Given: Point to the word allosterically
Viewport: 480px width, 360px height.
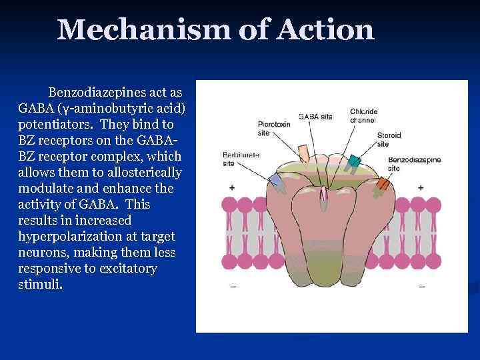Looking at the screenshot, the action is (x=137, y=173).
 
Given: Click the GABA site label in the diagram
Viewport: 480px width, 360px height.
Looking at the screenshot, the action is (x=315, y=117).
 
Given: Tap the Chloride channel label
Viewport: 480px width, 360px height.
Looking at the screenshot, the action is (x=363, y=116).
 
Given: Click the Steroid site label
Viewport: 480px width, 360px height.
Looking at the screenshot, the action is (x=389, y=139).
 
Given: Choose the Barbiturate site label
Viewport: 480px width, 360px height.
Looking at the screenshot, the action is (x=241, y=158).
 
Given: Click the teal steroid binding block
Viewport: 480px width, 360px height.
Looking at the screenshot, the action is (x=355, y=161).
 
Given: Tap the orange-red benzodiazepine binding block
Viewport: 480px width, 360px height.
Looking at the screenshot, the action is (x=382, y=183).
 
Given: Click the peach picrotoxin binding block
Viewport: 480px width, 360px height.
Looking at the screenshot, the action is (x=303, y=153).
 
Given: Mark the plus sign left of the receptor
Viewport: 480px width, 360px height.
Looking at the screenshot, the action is (x=232, y=188).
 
